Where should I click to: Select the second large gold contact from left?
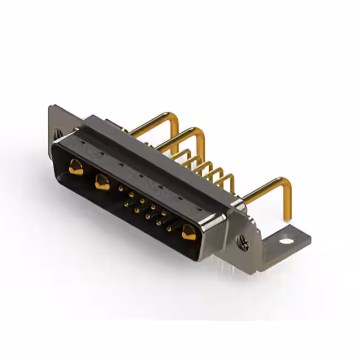point(102,182)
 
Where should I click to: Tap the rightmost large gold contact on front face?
point(187,231)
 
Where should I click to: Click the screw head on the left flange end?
point(57,134)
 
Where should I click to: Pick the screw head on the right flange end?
point(244,243)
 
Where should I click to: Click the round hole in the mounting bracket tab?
point(287,242)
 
